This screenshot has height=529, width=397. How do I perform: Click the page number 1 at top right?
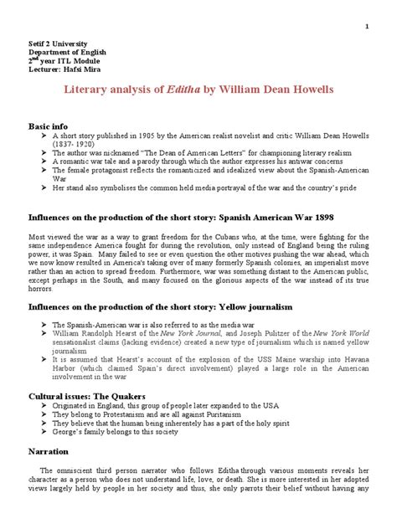click(366, 25)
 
